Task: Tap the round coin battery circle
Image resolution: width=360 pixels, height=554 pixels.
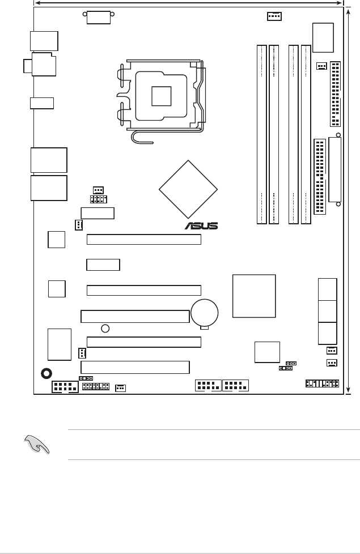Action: (205, 311)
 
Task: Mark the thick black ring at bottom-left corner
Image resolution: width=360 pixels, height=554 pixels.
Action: (47, 373)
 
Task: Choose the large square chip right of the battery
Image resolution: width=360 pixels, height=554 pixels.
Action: (254, 296)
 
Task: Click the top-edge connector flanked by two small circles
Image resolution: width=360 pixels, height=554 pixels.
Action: (98, 17)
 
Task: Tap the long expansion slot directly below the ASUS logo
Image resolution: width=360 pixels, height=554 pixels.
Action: (144, 240)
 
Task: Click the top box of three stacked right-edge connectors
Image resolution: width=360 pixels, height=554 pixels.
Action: (328, 289)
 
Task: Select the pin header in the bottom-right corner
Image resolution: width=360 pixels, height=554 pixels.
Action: (321, 384)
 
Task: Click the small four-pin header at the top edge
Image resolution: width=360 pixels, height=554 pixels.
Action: (274, 16)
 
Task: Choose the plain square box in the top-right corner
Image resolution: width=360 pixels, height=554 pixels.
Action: (323, 37)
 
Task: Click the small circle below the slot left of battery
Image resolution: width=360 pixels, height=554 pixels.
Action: (105, 328)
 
